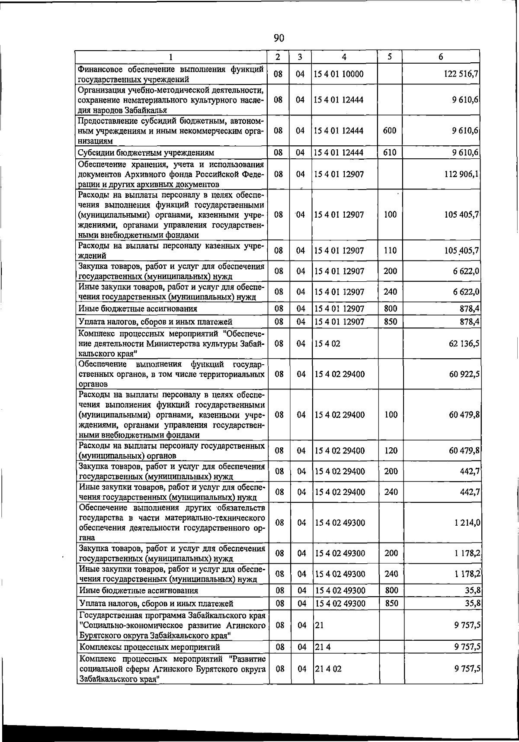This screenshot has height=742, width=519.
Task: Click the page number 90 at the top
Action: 279,39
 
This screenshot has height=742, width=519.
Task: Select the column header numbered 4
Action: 344,57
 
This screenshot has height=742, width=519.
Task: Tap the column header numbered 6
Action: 441,57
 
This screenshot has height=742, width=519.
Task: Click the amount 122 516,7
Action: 461,74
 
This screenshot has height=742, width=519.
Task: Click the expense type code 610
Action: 390,152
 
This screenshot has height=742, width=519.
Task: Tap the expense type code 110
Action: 390,251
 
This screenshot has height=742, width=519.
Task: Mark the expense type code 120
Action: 391,450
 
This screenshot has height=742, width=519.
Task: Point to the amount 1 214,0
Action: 467,523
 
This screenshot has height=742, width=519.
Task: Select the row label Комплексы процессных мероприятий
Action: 150,647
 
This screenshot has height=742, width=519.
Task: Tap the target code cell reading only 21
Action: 320,625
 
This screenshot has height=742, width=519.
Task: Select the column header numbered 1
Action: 171,57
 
